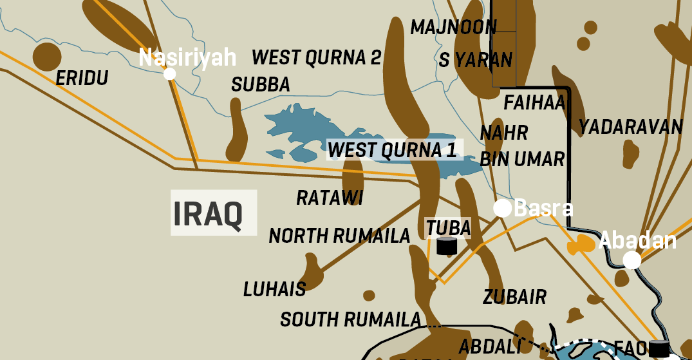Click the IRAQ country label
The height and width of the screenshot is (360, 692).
pos(208,214)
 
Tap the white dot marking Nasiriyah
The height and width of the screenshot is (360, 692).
pos(170,73)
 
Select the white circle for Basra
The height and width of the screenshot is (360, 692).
pos(503,208)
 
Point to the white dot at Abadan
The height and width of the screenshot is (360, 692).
pos(632,260)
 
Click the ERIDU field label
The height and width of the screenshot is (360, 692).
pos(82,78)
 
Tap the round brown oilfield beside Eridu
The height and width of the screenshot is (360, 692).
pos(47,56)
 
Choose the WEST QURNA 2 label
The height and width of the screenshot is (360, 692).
pos(317,57)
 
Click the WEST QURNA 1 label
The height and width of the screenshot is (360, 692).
pos(392,150)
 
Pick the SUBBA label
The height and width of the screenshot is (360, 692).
pos(261,84)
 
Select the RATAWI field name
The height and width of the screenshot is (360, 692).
pos(330,198)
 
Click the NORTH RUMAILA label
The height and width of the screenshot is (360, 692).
pos(339,236)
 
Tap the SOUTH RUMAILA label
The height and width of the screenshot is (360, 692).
pos(350,319)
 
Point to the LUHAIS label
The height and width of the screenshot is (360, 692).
pos(274,289)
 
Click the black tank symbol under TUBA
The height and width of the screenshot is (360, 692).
pos(447,246)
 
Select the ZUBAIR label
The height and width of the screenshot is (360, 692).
pos(514,297)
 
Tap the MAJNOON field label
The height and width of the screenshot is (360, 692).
pos(453,27)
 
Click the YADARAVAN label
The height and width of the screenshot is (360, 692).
pos(630,127)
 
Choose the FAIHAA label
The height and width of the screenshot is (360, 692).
pos(534,102)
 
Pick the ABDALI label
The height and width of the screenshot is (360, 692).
pos(489,346)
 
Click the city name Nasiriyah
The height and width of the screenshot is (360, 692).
pos(187,58)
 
